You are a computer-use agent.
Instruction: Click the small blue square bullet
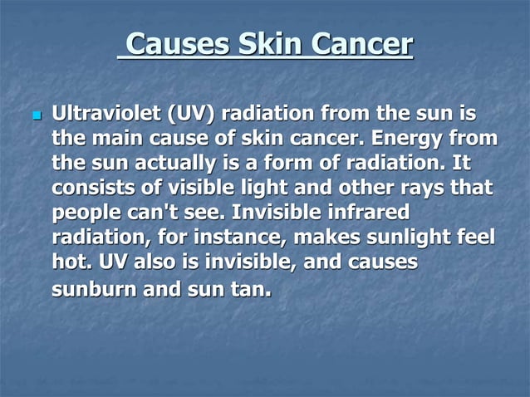point(35,114)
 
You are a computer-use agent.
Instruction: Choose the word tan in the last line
point(252,291)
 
